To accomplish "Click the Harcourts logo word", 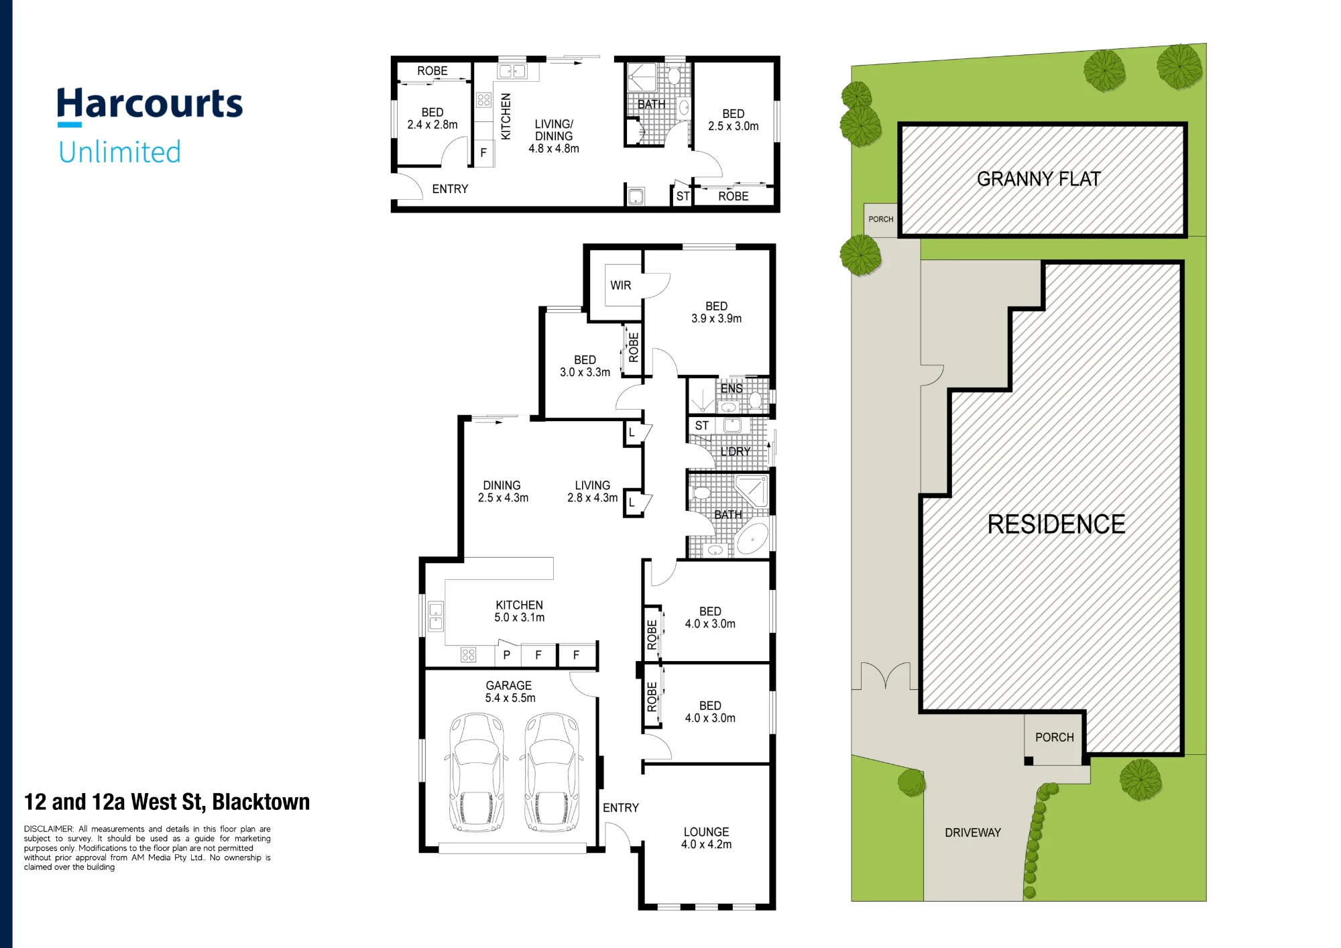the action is (150, 104).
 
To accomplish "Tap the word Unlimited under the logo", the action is (119, 152).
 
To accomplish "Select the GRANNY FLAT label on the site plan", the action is (1039, 179).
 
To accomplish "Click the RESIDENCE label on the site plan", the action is (1056, 524).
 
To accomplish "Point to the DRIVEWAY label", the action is (972, 833).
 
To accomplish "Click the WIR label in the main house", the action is (620, 286).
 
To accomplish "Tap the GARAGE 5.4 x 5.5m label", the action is (510, 692).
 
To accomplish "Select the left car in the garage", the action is (476, 772).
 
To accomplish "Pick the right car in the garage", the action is (551, 772).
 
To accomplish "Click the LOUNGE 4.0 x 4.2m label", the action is (706, 838).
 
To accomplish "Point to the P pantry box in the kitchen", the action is (507, 654).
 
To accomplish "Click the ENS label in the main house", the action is (732, 388).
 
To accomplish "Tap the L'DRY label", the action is (736, 452).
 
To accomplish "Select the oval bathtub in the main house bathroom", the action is (752, 539).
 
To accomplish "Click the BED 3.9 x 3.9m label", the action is (716, 312).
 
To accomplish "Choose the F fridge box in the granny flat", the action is (483, 154).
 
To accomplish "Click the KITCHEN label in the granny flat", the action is (506, 117).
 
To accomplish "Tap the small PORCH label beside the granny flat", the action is (880, 219).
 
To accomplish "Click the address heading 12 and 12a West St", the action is (167, 802).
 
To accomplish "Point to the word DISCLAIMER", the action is (48, 829).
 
